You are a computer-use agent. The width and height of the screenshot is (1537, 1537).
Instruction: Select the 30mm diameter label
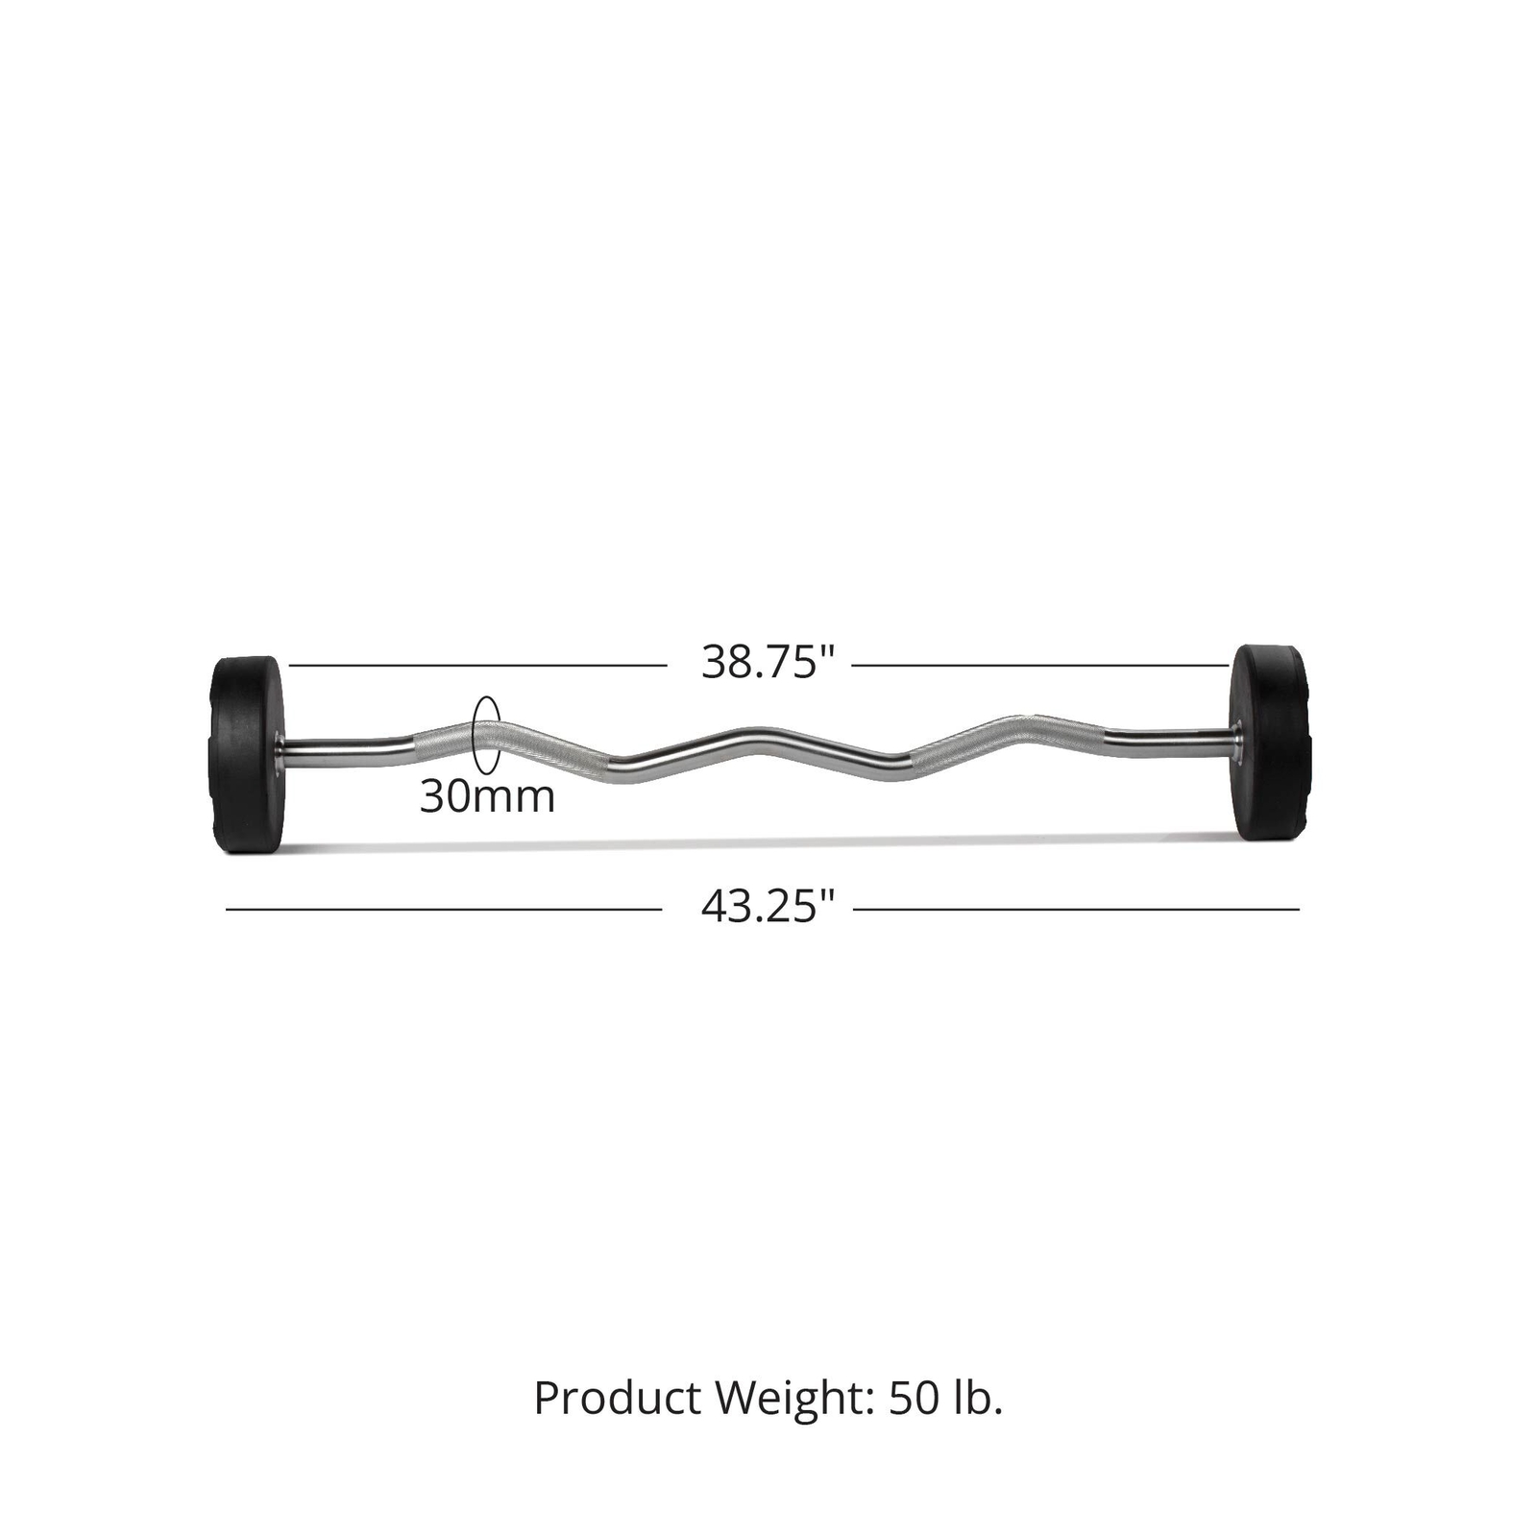point(487,797)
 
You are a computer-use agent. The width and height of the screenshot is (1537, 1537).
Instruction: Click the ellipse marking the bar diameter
point(486,735)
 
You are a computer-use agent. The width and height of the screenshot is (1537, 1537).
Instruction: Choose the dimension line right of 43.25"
point(1076,909)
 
